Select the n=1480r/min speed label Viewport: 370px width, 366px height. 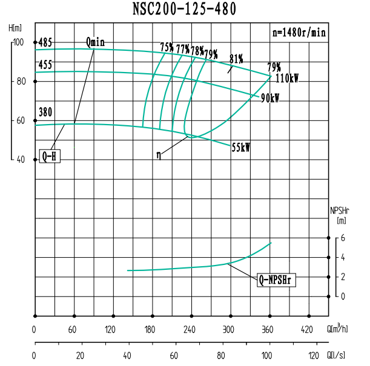(x=299, y=33)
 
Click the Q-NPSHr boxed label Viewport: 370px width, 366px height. (x=277, y=279)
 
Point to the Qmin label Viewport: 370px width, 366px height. (x=95, y=42)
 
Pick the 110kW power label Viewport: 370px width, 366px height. (x=287, y=79)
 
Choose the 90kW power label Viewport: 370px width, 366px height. (x=270, y=99)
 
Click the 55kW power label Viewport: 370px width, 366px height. (x=241, y=147)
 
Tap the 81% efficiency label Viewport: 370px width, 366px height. (x=236, y=59)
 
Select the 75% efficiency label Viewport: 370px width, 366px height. (x=167, y=47)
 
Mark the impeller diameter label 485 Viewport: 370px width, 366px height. (x=45, y=43)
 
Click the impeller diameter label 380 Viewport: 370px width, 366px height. (x=45, y=112)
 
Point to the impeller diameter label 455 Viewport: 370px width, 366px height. (x=45, y=64)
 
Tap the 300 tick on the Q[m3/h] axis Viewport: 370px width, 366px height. (x=228, y=330)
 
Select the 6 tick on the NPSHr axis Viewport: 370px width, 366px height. (x=342, y=238)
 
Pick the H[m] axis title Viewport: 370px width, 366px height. (x=16, y=28)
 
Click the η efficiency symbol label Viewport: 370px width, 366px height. (x=159, y=155)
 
